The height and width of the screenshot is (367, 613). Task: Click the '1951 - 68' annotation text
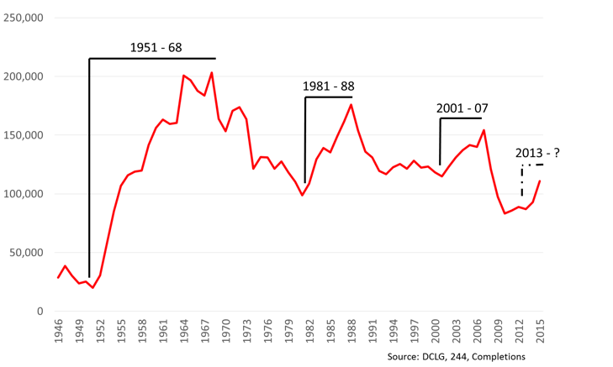coord(156,48)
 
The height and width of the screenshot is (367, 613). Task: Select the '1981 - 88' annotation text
coord(329,87)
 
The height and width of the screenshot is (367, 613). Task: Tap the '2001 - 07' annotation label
coord(462,108)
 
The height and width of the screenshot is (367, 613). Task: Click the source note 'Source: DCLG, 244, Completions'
coord(457,356)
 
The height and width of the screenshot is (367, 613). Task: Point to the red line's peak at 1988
coord(351,104)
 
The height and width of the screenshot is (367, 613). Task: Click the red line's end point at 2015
coord(540,181)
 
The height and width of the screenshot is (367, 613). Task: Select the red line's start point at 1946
coord(58,278)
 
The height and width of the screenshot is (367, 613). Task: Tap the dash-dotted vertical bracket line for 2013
coord(522,181)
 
